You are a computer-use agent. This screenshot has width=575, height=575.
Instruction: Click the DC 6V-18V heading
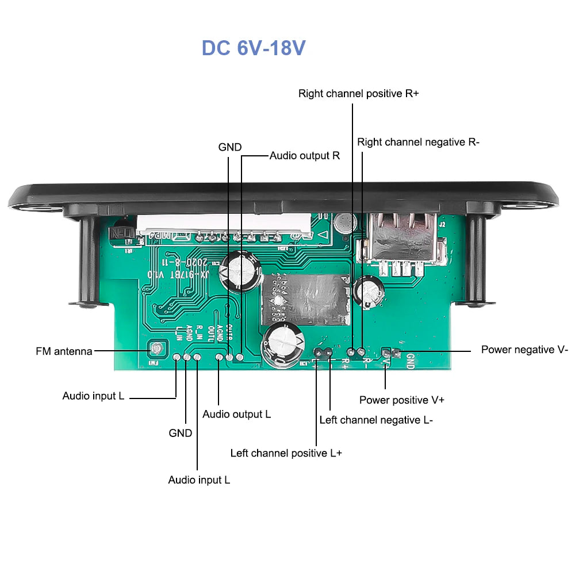[x=253, y=48]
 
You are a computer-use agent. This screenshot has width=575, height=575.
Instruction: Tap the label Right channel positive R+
[x=358, y=94]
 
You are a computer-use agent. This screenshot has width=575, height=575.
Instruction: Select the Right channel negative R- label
[x=418, y=142]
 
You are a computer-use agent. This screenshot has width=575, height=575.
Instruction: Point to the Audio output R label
[x=305, y=155]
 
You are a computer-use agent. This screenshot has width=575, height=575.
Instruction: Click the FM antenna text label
[x=64, y=351]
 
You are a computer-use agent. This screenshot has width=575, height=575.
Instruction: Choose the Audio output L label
[x=236, y=414]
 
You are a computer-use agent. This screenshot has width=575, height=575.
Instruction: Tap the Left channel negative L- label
[x=376, y=420]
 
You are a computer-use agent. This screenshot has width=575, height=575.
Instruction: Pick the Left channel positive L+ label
[x=286, y=453]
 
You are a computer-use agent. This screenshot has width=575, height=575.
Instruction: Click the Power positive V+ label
[x=401, y=400]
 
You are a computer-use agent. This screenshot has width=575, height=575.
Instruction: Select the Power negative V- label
[x=524, y=350]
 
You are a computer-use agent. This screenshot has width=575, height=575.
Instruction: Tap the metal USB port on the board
[x=402, y=239]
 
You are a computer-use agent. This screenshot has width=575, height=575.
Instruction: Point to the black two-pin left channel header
[x=322, y=352]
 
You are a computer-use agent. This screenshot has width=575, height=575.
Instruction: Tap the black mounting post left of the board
[x=88, y=262]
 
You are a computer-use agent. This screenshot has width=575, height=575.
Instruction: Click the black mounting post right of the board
[x=476, y=259]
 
